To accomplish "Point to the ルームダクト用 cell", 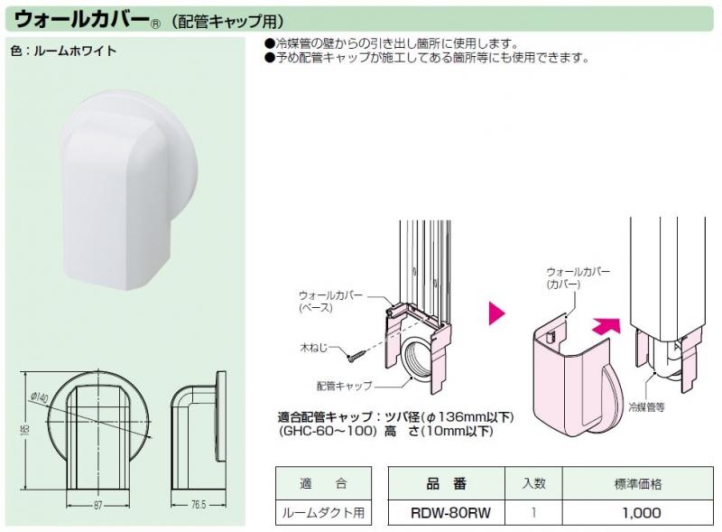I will click(x=322, y=512).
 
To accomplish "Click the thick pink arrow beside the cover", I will click(x=606, y=322).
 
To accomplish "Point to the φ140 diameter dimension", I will click(x=40, y=395).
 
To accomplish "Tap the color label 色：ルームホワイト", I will click(x=63, y=51).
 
